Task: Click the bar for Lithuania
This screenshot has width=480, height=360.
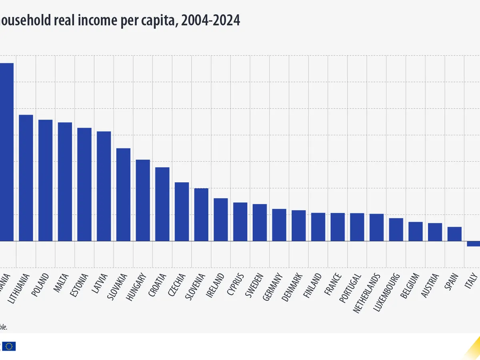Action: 26,178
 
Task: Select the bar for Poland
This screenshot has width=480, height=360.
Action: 45,180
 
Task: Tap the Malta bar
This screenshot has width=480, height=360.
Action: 65,182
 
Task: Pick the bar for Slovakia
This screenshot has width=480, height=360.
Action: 123,195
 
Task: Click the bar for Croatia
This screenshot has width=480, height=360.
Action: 162,204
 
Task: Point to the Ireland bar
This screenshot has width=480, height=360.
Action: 220,220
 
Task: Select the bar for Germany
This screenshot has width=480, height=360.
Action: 279,225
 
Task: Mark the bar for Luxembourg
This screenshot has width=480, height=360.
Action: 396,230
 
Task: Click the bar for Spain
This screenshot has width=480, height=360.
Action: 454,234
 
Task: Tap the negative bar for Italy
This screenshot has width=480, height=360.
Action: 473,244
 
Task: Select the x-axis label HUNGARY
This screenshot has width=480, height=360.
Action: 137,286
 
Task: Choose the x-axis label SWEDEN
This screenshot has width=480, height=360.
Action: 254,286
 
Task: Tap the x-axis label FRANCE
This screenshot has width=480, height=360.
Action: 332,284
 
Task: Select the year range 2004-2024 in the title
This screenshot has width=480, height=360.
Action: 210,20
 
